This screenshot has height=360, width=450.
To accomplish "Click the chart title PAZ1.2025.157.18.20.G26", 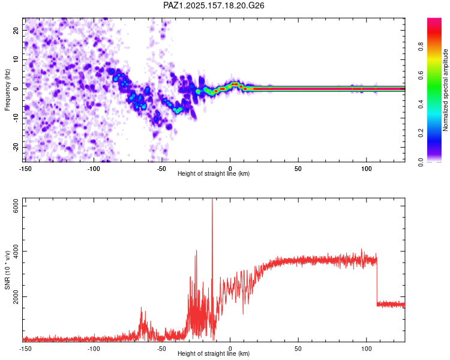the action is click(214, 5).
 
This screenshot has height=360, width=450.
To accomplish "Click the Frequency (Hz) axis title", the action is click(7, 90).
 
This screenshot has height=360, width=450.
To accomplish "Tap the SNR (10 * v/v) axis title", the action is click(7, 270).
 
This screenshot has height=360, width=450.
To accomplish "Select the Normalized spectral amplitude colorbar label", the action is click(445, 90).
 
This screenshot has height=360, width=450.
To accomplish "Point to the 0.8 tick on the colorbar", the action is click(421, 46).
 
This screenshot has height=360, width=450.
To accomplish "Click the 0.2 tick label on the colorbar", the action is click(421, 133).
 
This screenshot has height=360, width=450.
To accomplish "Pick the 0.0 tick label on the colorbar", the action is click(421, 162).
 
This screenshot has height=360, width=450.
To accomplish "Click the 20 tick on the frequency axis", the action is click(16, 31).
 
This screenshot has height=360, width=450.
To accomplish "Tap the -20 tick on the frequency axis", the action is click(16, 147).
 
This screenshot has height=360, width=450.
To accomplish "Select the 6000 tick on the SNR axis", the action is click(16, 206).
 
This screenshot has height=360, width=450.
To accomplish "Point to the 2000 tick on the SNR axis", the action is click(16, 296).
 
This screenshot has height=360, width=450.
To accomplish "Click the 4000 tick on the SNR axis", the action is click(16, 251).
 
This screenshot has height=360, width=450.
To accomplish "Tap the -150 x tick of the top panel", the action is click(25, 169).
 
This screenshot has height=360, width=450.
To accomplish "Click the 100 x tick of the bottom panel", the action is click(367, 349).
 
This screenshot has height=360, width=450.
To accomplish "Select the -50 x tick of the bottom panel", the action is click(161, 349).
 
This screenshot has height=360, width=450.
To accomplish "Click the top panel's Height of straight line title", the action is click(214, 173).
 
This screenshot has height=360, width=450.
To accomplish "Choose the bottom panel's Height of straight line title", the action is click(214, 353).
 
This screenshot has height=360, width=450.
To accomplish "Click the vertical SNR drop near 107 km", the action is click(377, 281).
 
